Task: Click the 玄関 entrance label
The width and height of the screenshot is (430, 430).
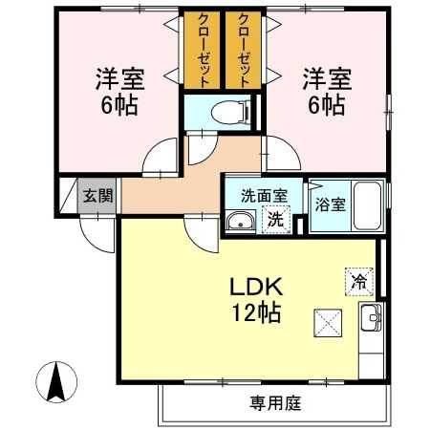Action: point(97,197)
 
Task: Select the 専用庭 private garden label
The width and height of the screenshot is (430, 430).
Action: point(270,402)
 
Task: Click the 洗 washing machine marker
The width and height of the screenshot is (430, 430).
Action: point(275,219)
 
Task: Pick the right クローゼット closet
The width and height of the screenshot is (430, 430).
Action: point(243,50)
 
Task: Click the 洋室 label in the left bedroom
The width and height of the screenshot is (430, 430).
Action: point(117,76)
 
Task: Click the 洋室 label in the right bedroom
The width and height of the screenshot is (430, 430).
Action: point(326,76)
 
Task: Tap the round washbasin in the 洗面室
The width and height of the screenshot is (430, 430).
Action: point(240,224)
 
